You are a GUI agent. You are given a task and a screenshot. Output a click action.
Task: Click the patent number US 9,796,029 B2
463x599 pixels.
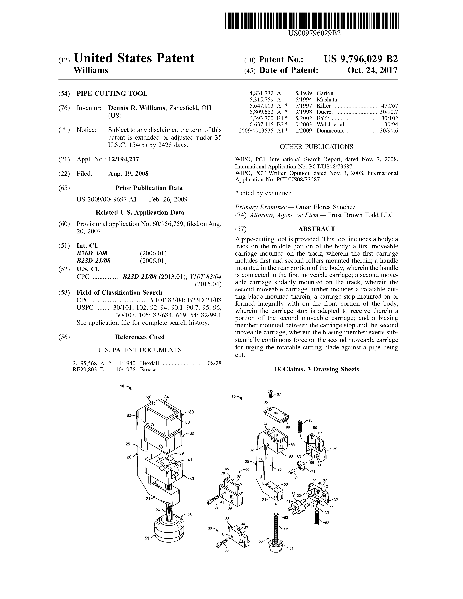(x=361, y=59)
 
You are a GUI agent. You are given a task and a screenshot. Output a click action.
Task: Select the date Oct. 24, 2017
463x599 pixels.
(x=372, y=70)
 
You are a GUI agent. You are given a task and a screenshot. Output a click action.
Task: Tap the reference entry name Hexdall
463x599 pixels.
(x=149, y=363)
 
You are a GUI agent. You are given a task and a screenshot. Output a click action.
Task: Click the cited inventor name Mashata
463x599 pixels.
(x=327, y=99)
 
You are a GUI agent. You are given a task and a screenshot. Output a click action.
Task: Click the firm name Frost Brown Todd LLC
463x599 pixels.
(x=361, y=215)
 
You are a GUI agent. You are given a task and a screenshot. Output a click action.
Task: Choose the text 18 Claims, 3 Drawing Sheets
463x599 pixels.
(x=316, y=369)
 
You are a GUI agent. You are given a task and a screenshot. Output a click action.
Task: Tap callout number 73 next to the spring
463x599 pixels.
(x=310, y=420)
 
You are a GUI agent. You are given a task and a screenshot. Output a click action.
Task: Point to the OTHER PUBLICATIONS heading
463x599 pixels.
(x=316, y=147)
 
